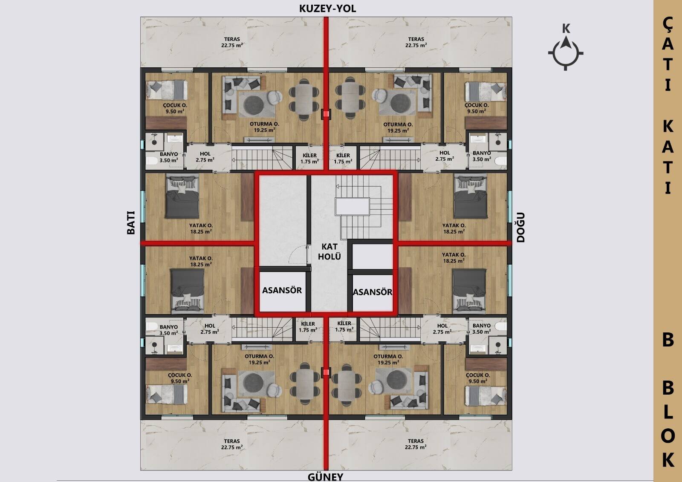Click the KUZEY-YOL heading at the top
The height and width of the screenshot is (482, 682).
[328, 9]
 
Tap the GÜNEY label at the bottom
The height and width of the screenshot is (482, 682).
[326, 477]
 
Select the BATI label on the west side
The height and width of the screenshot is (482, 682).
[130, 222]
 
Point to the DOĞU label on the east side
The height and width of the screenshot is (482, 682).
[520, 227]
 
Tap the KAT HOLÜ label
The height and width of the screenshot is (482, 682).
[329, 251]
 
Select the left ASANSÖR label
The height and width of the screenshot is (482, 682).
[282, 290]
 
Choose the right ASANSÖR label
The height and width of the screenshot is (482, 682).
[373, 292]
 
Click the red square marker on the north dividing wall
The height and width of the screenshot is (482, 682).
[326, 114]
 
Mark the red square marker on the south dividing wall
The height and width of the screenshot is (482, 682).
[326, 372]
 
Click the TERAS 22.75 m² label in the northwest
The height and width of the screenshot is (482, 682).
[232, 42]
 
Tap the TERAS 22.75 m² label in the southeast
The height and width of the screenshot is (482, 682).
[416, 444]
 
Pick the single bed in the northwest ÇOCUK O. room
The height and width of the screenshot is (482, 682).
[167, 90]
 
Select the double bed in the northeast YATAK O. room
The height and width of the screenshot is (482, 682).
[471, 196]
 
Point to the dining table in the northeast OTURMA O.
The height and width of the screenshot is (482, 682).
[350, 97]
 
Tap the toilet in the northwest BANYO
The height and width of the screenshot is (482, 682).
[152, 160]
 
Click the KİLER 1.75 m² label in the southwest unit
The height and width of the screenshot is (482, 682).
[308, 327]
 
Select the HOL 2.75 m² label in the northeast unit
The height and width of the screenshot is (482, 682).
[445, 156]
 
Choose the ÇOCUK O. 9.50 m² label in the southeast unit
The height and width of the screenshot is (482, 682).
[478, 378]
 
